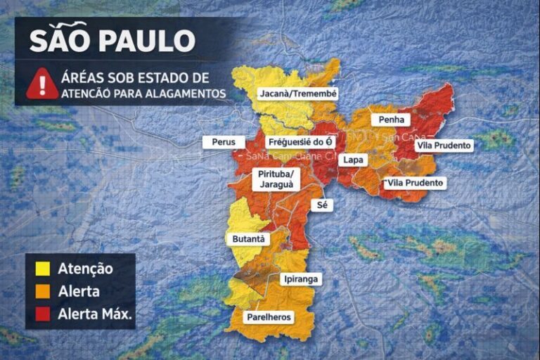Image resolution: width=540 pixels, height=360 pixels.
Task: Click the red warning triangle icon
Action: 42,84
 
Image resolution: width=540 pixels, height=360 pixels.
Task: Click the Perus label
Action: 224,141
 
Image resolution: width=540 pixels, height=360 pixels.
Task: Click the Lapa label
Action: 352,160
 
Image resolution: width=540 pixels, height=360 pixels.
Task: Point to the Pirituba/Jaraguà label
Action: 278,179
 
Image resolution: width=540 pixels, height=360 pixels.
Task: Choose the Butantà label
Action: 249,239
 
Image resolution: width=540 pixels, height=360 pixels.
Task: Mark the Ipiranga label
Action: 300,279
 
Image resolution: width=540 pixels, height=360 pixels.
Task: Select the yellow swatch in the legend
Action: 42,268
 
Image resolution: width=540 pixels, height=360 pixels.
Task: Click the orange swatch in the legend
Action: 42,290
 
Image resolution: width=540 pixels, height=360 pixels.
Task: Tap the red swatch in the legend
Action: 42,314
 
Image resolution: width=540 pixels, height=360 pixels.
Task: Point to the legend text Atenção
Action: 85,268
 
